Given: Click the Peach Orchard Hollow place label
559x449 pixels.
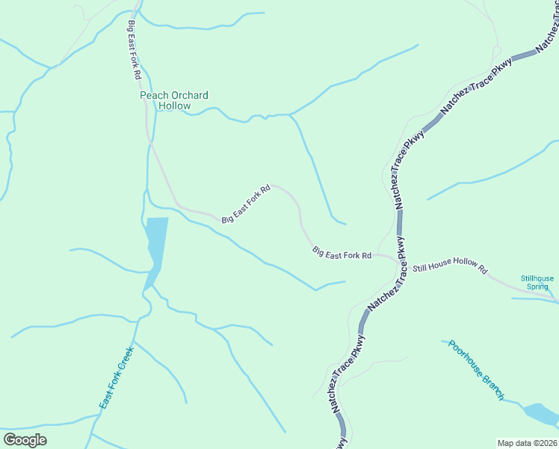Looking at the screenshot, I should click(x=174, y=100).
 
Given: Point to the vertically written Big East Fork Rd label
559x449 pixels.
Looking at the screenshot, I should click(x=134, y=50).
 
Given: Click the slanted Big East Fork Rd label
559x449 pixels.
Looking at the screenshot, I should click(x=245, y=204).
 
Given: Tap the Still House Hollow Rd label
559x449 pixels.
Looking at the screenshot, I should click(x=450, y=267).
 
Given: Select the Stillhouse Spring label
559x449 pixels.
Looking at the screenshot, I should click(x=537, y=282).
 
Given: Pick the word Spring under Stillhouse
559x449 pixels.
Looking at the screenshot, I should click(x=537, y=287).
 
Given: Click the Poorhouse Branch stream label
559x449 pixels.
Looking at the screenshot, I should click(x=477, y=370).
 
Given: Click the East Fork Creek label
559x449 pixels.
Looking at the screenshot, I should click(x=116, y=378).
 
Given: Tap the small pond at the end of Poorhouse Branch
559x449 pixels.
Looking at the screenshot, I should click(x=540, y=413).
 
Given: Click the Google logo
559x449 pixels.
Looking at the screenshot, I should click(x=25, y=439).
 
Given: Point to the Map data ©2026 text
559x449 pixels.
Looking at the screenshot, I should click(x=526, y=443).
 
